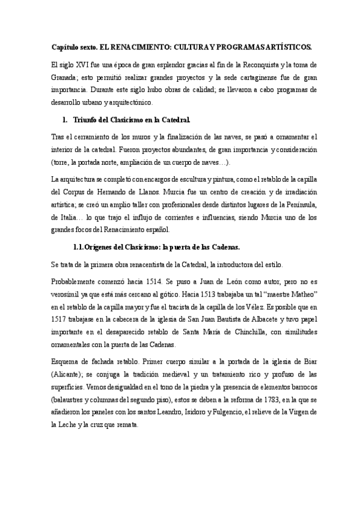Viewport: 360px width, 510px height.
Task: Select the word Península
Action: [x=294, y=204]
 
